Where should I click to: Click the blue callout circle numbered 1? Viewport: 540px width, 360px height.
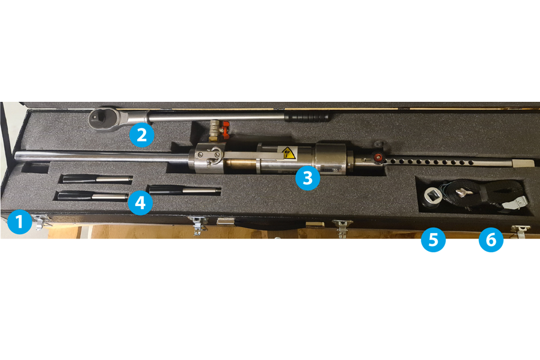pyautogui.click(x=19, y=222)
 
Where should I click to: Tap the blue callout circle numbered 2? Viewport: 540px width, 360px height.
pyautogui.click(x=141, y=135)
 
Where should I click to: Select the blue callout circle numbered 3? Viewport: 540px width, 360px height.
pyautogui.click(x=308, y=178)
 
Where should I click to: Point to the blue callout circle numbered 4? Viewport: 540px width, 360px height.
pyautogui.click(x=140, y=202)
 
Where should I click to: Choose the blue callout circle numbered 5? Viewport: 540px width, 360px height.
pyautogui.click(x=433, y=240)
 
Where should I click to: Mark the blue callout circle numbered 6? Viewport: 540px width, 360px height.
pyautogui.click(x=491, y=240)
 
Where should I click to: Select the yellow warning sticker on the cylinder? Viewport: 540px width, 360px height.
pyautogui.click(x=289, y=153)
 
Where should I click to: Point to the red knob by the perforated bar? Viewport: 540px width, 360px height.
pyautogui.click(x=378, y=158)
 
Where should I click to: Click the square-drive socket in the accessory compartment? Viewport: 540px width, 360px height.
pyautogui.click(x=431, y=196)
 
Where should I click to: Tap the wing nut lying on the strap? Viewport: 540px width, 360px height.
pyautogui.click(x=459, y=193)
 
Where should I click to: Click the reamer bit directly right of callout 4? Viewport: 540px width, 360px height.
pyautogui.click(x=184, y=189)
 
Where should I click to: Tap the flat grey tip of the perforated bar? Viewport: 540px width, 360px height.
pyautogui.click(x=523, y=163)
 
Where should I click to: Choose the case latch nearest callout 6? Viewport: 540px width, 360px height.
pyautogui.click(x=520, y=231)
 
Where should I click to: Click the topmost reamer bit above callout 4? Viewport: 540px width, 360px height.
pyautogui.click(x=97, y=178)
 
